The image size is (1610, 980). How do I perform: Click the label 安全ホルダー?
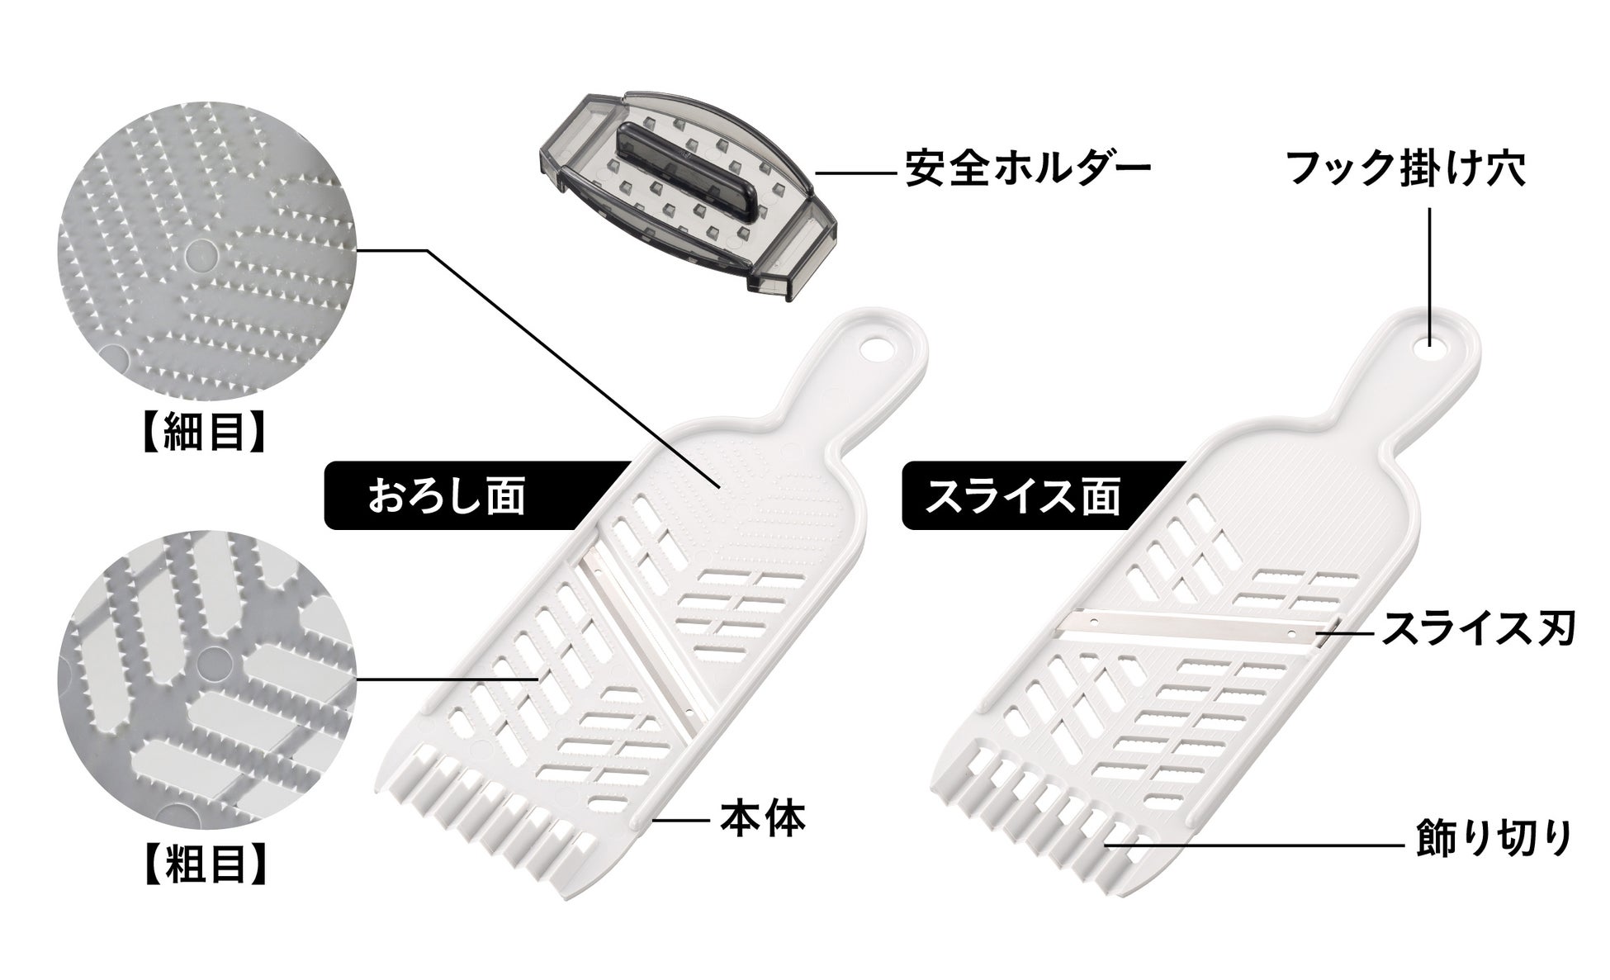point(1027,168)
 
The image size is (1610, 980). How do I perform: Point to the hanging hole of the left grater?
point(876,347)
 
